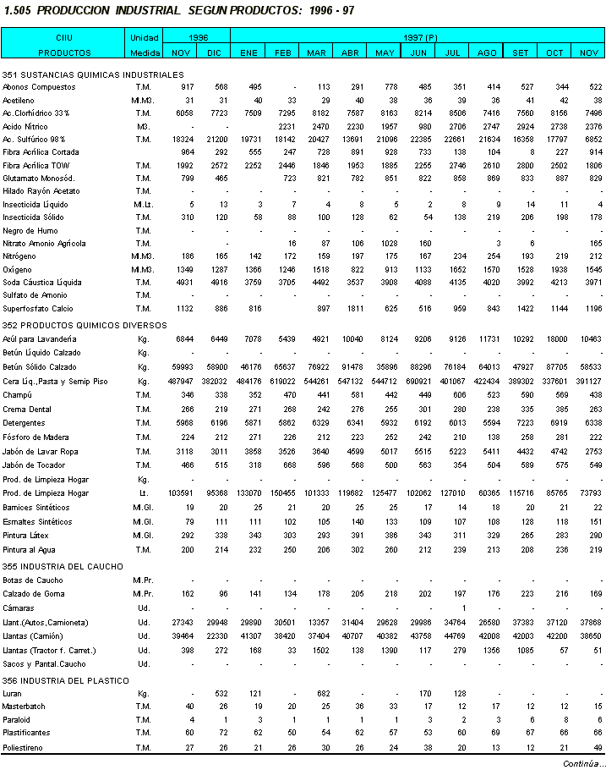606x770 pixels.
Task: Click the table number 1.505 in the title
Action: (x=18, y=11)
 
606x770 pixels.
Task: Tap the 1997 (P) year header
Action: (x=419, y=38)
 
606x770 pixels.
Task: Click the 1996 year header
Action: (x=198, y=38)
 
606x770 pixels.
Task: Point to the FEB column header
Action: (x=282, y=52)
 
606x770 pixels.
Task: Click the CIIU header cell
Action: (x=64, y=38)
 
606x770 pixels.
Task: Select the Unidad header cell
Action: (x=144, y=38)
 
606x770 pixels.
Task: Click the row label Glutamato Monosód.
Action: (x=39, y=179)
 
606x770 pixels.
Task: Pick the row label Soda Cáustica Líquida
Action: (x=42, y=282)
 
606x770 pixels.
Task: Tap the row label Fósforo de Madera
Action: (x=35, y=437)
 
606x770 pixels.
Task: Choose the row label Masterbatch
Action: (x=24, y=706)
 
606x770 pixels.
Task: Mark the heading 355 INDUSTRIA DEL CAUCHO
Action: (x=63, y=566)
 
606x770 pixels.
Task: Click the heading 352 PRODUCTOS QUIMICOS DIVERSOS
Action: (x=74, y=325)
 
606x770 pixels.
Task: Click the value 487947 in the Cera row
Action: (x=179, y=382)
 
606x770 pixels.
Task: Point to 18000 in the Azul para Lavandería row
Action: (x=554, y=339)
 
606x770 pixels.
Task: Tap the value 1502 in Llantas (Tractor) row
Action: (x=318, y=650)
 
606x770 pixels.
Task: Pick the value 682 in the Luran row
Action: (x=321, y=693)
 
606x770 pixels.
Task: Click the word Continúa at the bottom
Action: (x=582, y=763)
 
